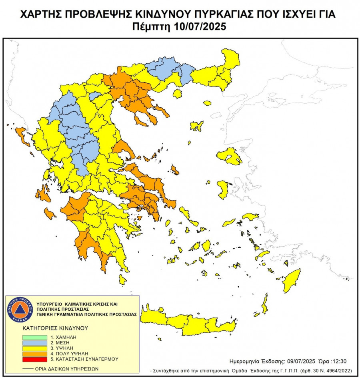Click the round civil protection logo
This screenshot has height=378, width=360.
pos(19,310)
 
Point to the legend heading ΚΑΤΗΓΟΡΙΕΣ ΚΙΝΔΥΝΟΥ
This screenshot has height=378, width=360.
pos(55,328)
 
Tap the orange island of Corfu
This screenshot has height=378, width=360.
pos(22,137)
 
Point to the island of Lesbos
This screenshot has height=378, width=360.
pos(230,156)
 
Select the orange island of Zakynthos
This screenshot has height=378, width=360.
pos(50,213)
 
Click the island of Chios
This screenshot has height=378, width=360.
pos(223,189)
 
